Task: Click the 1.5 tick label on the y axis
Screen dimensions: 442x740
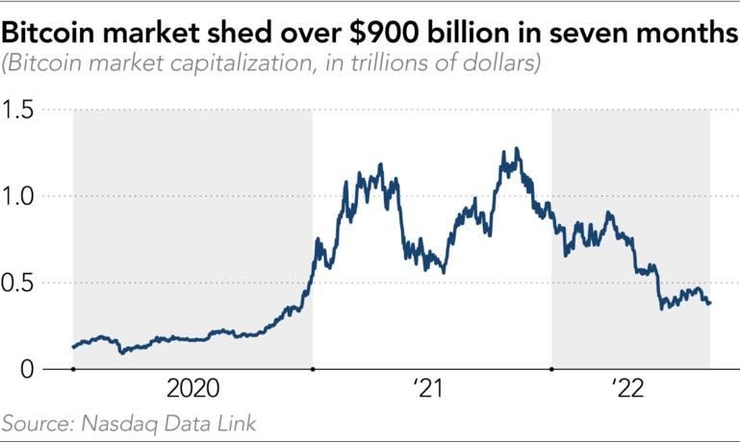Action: point(20,110)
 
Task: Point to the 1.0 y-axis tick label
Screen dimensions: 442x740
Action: point(20,197)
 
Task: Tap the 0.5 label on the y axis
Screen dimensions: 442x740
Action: point(20,282)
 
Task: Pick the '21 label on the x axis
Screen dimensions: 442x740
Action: point(428,390)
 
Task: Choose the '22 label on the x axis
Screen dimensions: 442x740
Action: point(626,390)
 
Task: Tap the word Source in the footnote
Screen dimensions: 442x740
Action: point(35,423)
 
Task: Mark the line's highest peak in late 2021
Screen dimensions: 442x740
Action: point(518,148)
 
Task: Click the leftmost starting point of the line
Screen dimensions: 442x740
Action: point(73,348)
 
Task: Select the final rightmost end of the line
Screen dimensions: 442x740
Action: point(710,304)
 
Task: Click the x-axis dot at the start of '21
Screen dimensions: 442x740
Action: point(313,369)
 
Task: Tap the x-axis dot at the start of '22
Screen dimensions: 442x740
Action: point(551,369)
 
